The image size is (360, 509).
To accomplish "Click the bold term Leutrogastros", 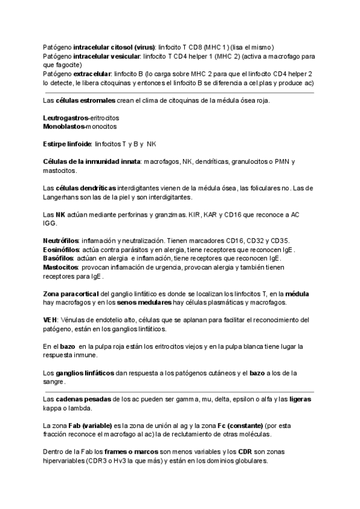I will (x=65, y=118).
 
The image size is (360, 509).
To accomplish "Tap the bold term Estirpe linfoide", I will (x=67, y=144).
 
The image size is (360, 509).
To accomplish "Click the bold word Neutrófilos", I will (x=61, y=241).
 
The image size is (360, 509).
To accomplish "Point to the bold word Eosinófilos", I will (x=62, y=250).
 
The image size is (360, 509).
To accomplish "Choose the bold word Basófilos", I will (x=59, y=258).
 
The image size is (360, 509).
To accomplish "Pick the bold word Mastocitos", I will (x=61, y=267).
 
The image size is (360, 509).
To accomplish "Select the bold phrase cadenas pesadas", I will (x=81, y=399).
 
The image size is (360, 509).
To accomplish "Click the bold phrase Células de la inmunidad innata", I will (x=91, y=162).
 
